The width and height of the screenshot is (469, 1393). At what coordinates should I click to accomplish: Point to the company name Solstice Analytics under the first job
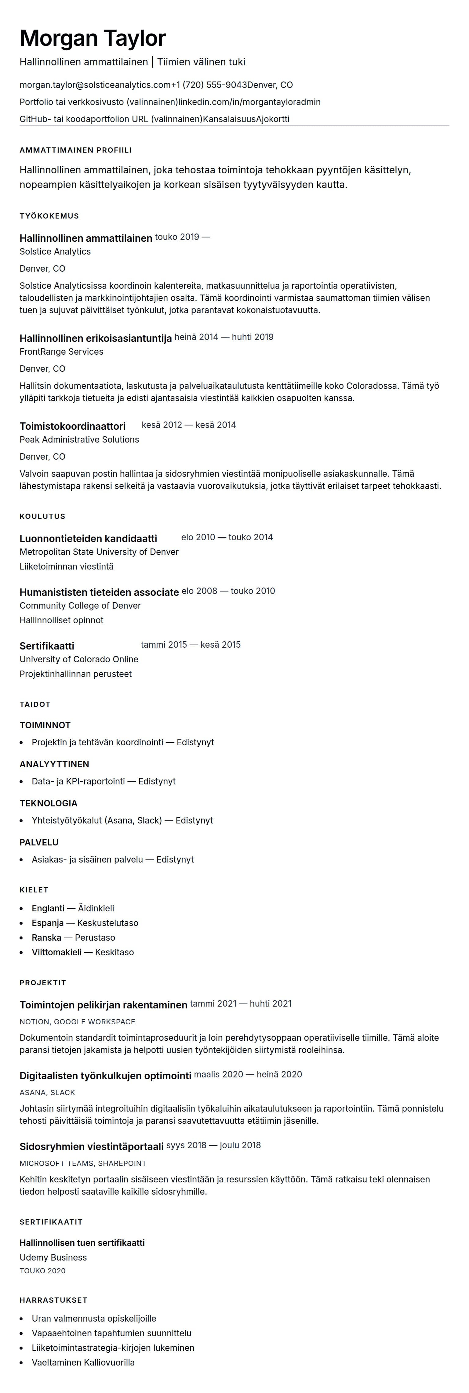point(55,251)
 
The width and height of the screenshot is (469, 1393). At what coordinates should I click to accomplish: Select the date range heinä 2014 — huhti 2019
point(224,337)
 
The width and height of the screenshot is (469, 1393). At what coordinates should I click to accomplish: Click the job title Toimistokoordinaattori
point(72,426)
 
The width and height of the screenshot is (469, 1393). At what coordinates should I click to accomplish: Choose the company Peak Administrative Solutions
point(79,440)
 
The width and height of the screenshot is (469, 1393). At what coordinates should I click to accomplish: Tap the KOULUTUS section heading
point(42,516)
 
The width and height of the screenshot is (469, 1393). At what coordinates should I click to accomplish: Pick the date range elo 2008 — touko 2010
point(228,591)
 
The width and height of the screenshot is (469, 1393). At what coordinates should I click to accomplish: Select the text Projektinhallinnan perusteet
point(76,674)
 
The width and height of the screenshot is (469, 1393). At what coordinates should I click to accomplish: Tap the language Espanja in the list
point(48,923)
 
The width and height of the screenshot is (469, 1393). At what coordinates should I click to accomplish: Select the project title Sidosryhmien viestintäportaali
point(91,1147)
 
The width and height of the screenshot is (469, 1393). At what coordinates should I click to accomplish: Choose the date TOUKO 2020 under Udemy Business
point(42,1271)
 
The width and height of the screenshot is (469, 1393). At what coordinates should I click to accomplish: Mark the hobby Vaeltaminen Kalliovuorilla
point(83,1363)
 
